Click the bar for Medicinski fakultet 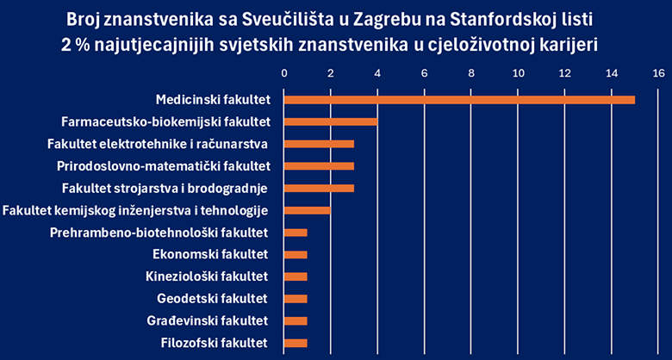pyautogui.click(x=459, y=99)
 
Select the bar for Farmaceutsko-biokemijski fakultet pyautogui.click(x=331, y=121)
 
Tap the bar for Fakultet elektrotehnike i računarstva pyautogui.click(x=319, y=144)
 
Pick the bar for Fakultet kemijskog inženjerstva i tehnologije pyautogui.click(x=308, y=210)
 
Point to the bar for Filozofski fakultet pyautogui.click(x=296, y=344)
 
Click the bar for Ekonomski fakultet pyautogui.click(x=296, y=255)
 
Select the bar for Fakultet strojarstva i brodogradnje pyautogui.click(x=319, y=188)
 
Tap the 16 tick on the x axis pyautogui.click(x=658, y=74)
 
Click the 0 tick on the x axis pyautogui.click(x=284, y=74)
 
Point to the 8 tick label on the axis pyautogui.click(x=471, y=74)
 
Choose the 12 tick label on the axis pyautogui.click(x=564, y=74)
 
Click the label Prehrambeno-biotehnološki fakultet pyautogui.click(x=159, y=233)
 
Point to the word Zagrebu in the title pyautogui.click(x=374, y=18)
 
